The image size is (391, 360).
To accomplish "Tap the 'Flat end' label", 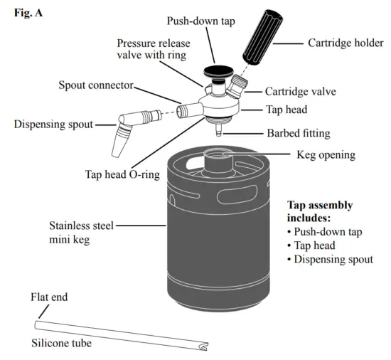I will (x=50, y=297).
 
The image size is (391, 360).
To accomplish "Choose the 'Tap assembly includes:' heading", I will (x=319, y=211).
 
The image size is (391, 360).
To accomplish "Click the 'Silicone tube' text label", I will (x=62, y=343).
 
